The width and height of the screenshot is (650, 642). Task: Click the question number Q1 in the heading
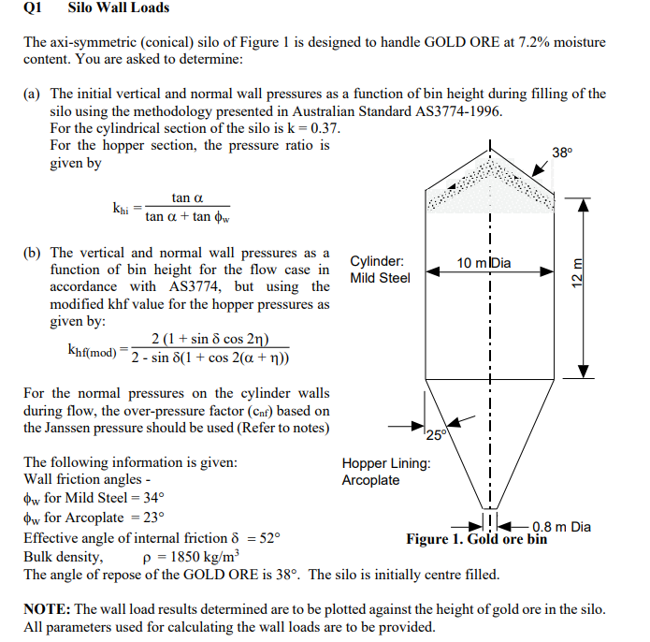(33, 7)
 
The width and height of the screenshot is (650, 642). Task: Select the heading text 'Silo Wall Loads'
(119, 7)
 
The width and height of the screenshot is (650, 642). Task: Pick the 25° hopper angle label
(435, 432)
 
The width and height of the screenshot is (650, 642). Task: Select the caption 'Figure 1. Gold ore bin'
(476, 539)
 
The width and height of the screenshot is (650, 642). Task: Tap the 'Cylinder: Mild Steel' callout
(380, 270)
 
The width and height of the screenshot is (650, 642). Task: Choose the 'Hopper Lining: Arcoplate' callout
(386, 472)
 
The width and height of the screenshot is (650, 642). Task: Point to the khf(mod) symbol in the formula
(93, 351)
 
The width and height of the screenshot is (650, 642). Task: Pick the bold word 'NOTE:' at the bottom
(51, 609)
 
